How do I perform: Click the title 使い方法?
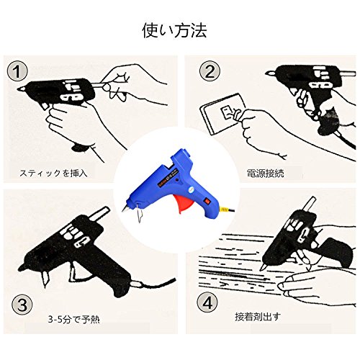(x=174, y=30)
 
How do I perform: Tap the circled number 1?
(x=17, y=71)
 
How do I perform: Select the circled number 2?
(x=210, y=71)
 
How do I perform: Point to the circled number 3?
(x=22, y=305)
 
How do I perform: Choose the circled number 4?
(x=207, y=302)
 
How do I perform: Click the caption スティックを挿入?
(x=53, y=173)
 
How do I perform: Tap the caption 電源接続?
(x=265, y=173)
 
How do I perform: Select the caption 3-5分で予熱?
(x=73, y=319)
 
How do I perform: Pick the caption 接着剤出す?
(x=258, y=317)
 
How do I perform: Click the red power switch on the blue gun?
(x=207, y=201)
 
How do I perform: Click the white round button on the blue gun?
(x=191, y=189)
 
